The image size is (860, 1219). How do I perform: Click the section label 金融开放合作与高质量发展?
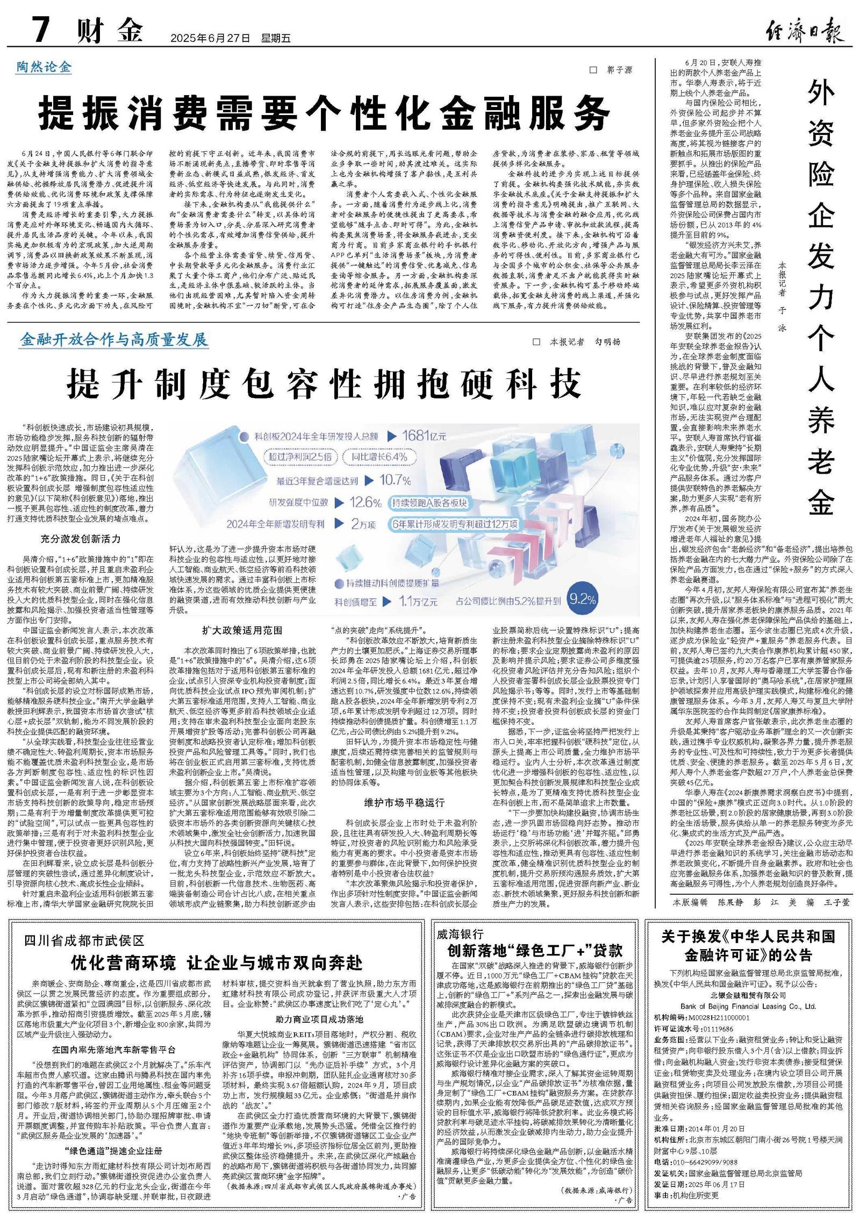(113, 340)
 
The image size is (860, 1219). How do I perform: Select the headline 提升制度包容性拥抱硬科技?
(324, 384)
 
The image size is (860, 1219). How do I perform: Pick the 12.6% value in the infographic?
(365, 503)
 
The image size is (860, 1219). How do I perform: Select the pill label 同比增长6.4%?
(379, 457)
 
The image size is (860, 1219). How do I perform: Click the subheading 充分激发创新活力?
(81, 539)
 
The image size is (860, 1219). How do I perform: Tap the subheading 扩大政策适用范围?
(242, 630)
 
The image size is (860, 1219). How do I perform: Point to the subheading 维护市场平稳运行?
(404, 803)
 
